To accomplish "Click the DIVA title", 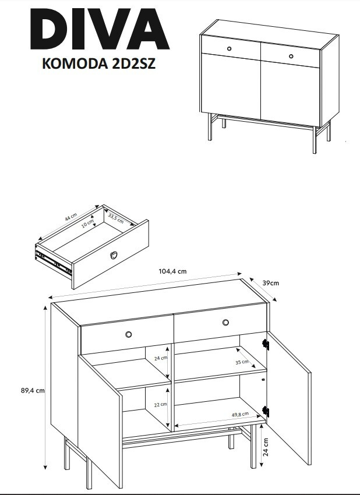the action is pyautogui.click(x=100, y=29).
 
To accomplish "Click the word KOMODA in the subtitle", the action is pyautogui.click(x=75, y=63).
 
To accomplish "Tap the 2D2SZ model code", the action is pyautogui.click(x=133, y=63).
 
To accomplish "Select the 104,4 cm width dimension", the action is pyautogui.click(x=172, y=271).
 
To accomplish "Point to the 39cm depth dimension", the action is pyautogui.click(x=271, y=283).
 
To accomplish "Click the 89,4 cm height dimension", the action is pyautogui.click(x=33, y=391).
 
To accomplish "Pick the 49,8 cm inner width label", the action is pyautogui.click(x=240, y=415).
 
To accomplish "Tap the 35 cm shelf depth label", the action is pyautogui.click(x=242, y=362).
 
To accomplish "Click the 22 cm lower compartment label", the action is pyautogui.click(x=160, y=404).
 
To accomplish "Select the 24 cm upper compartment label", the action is pyautogui.click(x=161, y=358).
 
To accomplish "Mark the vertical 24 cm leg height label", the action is pyautogui.click(x=266, y=447).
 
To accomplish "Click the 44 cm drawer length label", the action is pyautogui.click(x=70, y=217).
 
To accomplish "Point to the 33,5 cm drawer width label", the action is pyautogui.click(x=116, y=218).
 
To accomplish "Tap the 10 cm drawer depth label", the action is pyautogui.click(x=87, y=223).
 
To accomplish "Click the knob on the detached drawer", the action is pyautogui.click(x=114, y=255).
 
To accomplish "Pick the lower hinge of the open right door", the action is pyautogui.click(x=265, y=412).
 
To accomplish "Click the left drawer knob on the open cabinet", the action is pyautogui.click(x=129, y=334).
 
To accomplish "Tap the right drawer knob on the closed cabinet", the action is pyautogui.click(x=291, y=56).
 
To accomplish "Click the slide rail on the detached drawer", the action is pyautogui.click(x=54, y=261).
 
